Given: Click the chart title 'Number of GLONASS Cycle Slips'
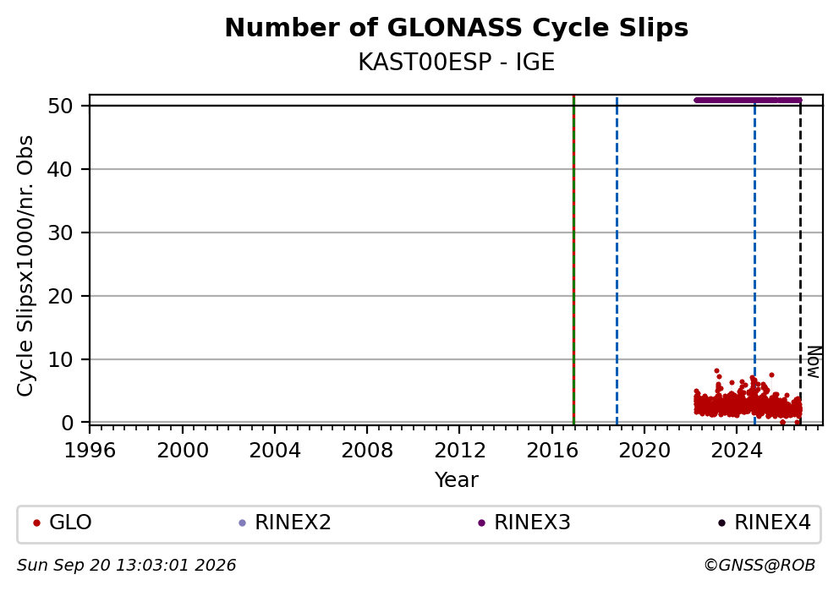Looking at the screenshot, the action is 457,28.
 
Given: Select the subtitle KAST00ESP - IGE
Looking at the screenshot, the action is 457,63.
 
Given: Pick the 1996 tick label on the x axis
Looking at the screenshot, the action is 90,451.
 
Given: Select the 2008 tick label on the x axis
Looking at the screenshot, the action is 367,451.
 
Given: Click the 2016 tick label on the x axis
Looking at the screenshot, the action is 552,451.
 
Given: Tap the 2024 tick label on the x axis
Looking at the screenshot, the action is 737,451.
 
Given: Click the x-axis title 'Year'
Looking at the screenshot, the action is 457,479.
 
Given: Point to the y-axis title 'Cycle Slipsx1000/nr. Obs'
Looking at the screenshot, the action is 25,265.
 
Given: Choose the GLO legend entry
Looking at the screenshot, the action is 63,523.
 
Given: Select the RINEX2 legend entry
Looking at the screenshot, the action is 285,523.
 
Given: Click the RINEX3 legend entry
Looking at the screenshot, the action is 524,523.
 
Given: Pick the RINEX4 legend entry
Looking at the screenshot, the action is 765,523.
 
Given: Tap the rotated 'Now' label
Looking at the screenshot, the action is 814,363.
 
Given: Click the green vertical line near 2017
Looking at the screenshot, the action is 573,260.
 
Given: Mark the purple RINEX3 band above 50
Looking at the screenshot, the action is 748,100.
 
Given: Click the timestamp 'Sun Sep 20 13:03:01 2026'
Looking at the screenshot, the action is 126,566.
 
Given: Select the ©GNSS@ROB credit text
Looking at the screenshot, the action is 759,566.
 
